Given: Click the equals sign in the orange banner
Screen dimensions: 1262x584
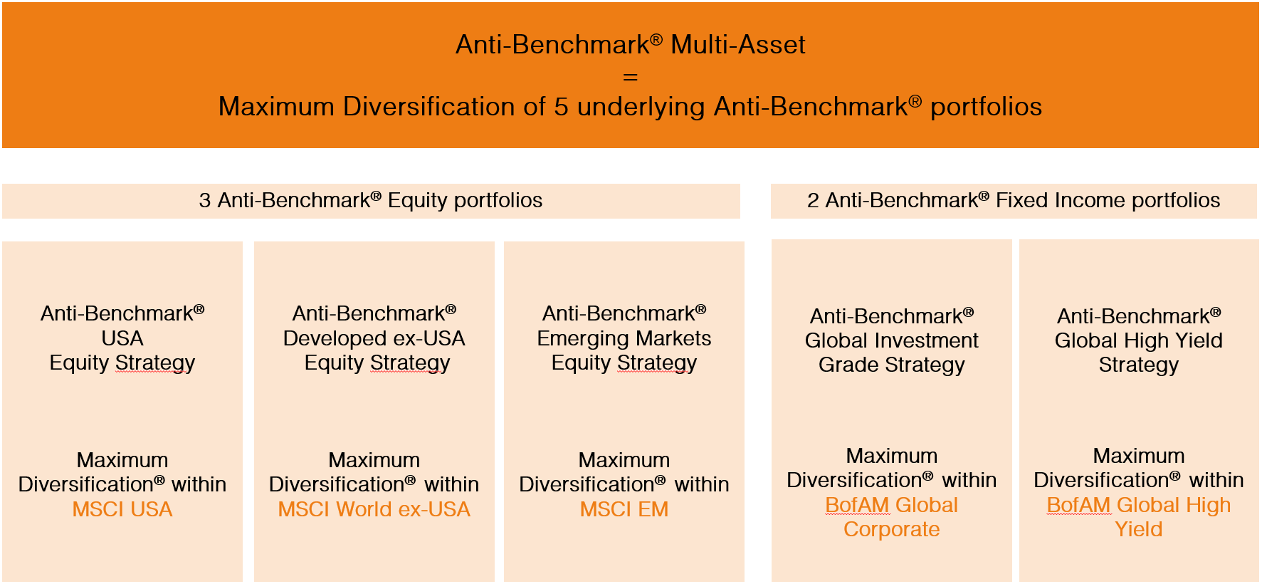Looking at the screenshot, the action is click(631, 76).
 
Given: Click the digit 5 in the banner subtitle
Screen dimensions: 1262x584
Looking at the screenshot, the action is click(562, 107).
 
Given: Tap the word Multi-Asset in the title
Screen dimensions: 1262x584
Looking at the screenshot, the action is click(738, 45).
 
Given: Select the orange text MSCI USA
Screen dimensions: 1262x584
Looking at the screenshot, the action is click(122, 509).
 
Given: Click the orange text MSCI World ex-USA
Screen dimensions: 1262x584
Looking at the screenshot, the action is click(374, 509).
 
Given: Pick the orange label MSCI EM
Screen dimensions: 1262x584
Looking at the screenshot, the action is click(624, 509).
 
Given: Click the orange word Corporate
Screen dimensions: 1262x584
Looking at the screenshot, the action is click(892, 530).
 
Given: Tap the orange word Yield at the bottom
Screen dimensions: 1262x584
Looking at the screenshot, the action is click(1139, 529).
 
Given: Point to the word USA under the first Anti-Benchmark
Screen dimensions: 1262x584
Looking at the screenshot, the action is click(122, 338).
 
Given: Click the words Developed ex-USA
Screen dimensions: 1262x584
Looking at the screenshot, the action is click(374, 338).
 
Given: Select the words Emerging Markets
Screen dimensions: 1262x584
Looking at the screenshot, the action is click(624, 338).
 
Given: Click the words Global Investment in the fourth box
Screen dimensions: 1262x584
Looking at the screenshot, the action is click(892, 340).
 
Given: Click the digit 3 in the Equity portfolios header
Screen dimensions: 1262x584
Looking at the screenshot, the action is click(205, 201).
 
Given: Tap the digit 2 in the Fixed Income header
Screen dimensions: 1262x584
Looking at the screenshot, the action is click(813, 201).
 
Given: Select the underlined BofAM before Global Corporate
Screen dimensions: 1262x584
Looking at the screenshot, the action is click(857, 505).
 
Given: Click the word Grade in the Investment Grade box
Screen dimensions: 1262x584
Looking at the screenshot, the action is click(849, 365).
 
